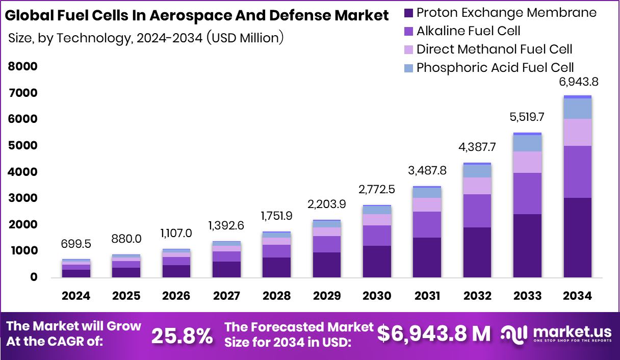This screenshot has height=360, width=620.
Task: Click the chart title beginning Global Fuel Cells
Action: tap(196, 16)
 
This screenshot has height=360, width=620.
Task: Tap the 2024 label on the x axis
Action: tap(76, 296)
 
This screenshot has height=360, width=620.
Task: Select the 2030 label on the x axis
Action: tap(377, 296)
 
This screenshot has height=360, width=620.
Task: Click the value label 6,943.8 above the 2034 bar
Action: tap(578, 82)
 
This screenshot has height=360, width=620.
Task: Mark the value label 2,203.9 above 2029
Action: tap(327, 204)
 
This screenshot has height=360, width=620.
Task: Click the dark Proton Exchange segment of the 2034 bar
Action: tap(578, 238)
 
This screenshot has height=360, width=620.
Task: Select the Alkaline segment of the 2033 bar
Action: tap(527, 193)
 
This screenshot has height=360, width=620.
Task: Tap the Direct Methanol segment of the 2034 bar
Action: tap(578, 132)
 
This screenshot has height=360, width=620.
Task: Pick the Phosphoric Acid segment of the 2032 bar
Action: tap(477, 171)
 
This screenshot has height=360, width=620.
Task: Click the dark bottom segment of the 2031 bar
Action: tap(427, 258)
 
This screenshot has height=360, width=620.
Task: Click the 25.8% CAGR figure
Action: tap(182, 336)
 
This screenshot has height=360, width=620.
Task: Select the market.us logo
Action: tap(556, 334)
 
